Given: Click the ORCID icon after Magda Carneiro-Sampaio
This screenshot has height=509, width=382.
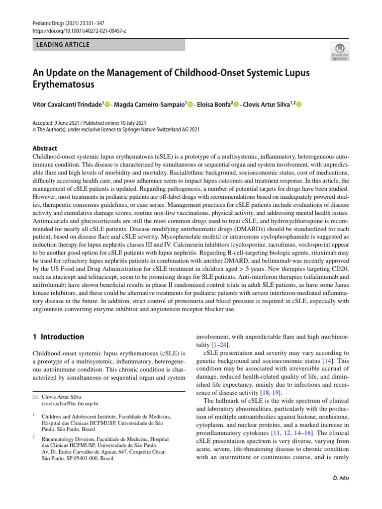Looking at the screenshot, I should pos(190,104).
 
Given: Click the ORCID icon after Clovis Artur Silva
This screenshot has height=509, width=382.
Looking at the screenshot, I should pos(299,104).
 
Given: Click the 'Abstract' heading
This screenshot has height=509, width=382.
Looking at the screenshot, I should pos(45,148).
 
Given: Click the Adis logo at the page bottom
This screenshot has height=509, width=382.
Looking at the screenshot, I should pos(341,478).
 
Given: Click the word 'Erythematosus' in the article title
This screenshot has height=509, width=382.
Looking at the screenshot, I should pos(63,85).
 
